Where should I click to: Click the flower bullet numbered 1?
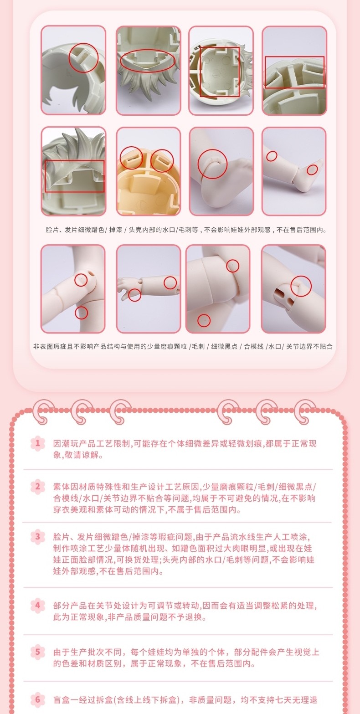[x=38, y=443]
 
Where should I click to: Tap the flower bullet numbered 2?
[x=38, y=487]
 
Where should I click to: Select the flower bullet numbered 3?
[x=38, y=537]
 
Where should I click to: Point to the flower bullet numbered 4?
[x=38, y=605]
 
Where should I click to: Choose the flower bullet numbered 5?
[x=38, y=652]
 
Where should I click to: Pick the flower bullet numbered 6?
[x=38, y=699]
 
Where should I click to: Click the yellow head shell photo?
[x=148, y=171]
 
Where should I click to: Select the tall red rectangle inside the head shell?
[x=220, y=72]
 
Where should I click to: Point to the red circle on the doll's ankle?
[x=312, y=170]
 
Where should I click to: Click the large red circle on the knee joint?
[x=212, y=164]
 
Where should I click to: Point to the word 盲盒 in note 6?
[x=62, y=700]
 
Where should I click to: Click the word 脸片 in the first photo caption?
[x=52, y=230]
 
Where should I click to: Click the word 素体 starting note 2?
[x=62, y=487]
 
